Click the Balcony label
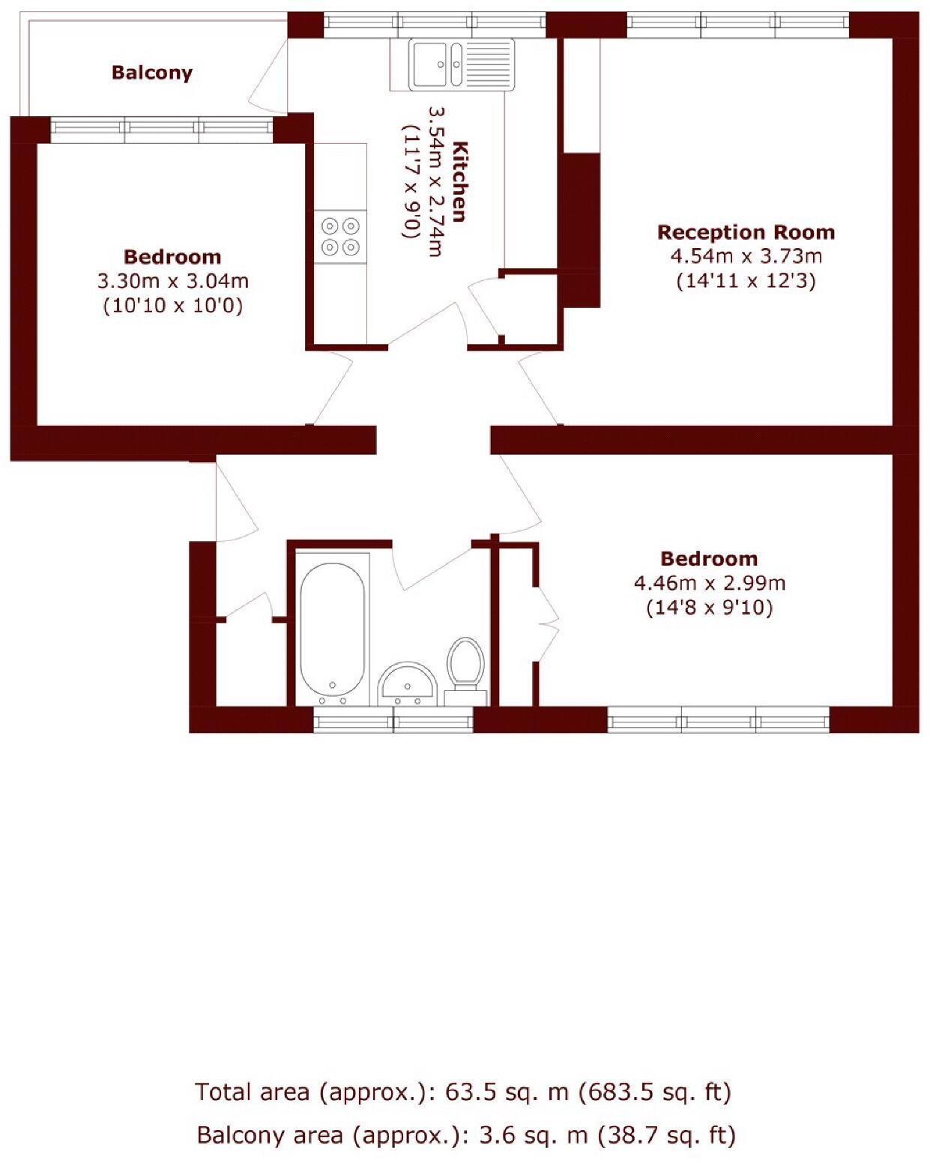tap(152, 73)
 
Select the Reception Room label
tap(746, 232)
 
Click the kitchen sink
tap(461, 64)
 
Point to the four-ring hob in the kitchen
tap(341, 235)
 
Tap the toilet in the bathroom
tap(465, 663)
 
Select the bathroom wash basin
tap(407, 683)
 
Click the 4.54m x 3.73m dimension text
tap(746, 256)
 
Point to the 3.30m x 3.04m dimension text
tap(172, 282)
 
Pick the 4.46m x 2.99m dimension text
tap(709, 582)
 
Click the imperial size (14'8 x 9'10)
tap(709, 607)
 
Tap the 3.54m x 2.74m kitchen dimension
tap(435, 181)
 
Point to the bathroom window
tap(393, 722)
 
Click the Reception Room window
tap(737, 25)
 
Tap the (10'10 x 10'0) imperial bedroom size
tap(172, 306)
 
